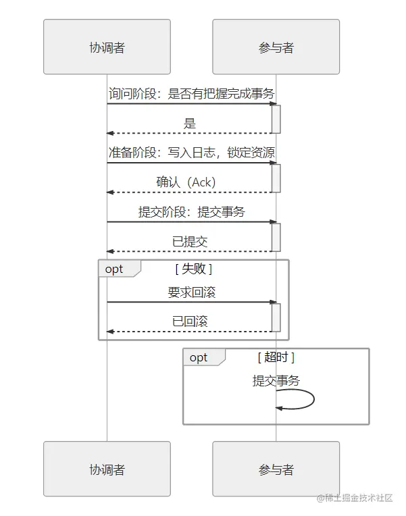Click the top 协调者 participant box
tap(107, 47)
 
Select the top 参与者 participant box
tap(276, 47)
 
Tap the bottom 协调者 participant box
tap(107, 469)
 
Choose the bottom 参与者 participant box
tap(276, 469)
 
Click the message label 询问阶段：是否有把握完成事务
tap(191, 93)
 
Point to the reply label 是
tap(190, 124)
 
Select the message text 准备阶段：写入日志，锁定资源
tap(191, 153)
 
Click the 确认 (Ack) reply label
tap(186, 182)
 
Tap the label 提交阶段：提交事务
tap(191, 211)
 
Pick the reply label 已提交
tap(190, 242)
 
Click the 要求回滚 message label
tap(191, 292)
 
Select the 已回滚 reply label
tap(190, 321)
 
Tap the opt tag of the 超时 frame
tap(199, 357)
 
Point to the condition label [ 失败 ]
tap(194, 269)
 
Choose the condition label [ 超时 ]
tap(276, 357)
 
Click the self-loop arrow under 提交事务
tap(314, 399)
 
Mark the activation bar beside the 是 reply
tap(276, 119)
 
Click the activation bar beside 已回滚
tap(276, 317)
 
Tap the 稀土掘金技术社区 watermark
tap(355, 498)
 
